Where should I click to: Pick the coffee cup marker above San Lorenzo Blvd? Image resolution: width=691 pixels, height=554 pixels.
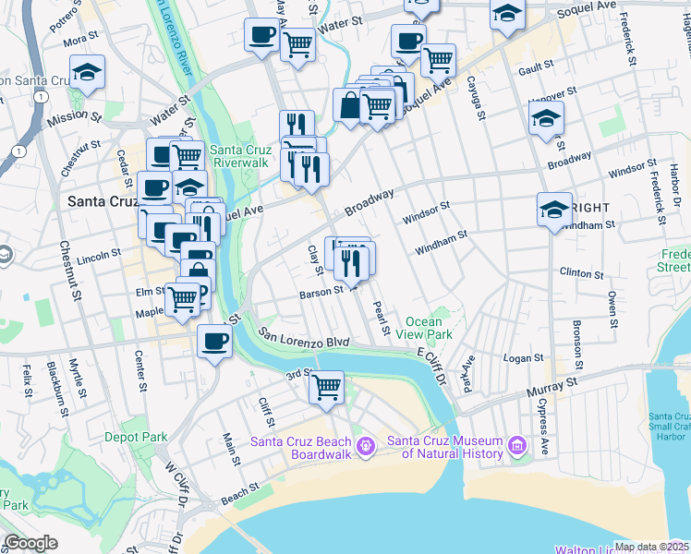tap(214, 342)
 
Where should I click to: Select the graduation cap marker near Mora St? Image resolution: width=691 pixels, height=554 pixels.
tap(87, 73)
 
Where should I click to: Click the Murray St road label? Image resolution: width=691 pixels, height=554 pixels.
tap(552, 387)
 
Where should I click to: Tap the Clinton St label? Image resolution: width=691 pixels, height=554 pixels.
tap(582, 274)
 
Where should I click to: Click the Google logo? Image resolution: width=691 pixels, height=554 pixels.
tap(31, 543)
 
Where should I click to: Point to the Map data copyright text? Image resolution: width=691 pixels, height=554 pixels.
tap(651, 547)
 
